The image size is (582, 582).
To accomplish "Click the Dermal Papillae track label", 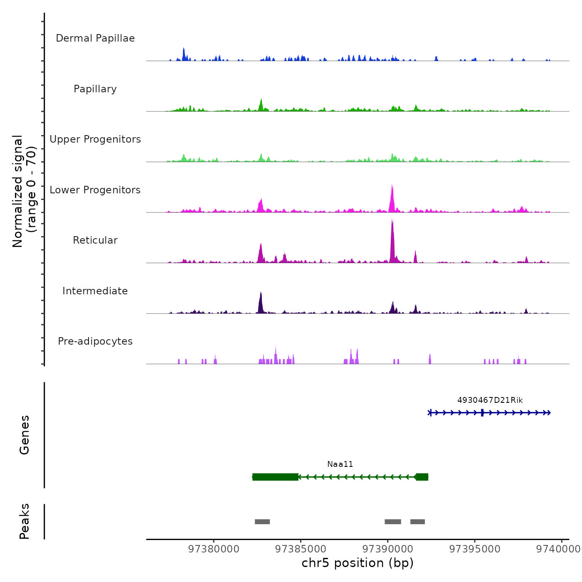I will click(x=95, y=38).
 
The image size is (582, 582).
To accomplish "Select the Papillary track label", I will click(x=95, y=89).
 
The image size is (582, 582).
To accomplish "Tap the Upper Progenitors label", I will click(x=95, y=139).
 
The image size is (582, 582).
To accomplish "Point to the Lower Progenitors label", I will click(x=95, y=190).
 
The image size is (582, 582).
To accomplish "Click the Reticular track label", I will click(x=95, y=240).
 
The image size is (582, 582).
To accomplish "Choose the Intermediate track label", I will click(x=95, y=291).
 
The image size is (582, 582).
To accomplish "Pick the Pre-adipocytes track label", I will click(x=95, y=341).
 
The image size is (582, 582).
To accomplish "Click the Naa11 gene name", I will click(x=340, y=464).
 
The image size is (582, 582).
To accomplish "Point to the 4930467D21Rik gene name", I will click(x=490, y=400).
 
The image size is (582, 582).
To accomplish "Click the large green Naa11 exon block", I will click(x=275, y=477).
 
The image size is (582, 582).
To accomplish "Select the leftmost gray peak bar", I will click(x=262, y=522).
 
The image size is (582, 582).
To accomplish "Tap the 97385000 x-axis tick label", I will click(x=301, y=549).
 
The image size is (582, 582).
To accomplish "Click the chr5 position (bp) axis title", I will click(x=358, y=563).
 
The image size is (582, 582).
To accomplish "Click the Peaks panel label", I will click(x=25, y=521).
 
